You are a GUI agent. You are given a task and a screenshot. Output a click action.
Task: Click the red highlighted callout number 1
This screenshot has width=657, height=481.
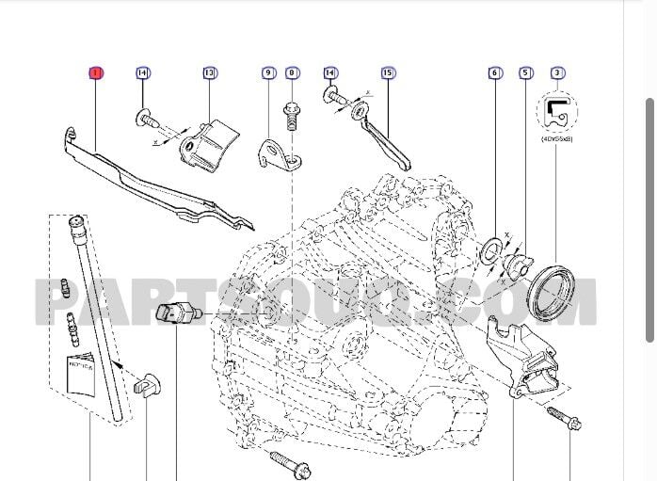96,72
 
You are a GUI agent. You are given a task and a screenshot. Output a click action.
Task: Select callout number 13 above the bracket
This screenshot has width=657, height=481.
209,72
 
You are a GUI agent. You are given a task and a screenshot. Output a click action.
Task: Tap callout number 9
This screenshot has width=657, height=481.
268,72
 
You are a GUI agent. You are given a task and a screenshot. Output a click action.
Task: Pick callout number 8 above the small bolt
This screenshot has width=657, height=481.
291,72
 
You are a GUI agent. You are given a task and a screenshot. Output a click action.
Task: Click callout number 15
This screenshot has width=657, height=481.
387,72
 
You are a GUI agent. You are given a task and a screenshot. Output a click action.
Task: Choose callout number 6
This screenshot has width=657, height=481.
494,72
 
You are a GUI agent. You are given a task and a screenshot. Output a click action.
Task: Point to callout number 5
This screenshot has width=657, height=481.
525,72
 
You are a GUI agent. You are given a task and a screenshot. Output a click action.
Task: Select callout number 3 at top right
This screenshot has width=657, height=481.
558,72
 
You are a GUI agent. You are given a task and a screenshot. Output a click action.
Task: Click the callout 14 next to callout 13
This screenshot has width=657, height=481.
142,72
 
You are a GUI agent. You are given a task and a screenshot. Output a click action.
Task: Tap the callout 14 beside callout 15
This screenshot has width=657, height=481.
330,72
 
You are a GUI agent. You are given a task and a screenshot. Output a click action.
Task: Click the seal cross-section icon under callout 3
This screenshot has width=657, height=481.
557,111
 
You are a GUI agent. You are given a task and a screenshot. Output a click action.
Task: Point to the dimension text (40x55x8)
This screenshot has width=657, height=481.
557,138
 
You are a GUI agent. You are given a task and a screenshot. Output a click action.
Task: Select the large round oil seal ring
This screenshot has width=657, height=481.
553,292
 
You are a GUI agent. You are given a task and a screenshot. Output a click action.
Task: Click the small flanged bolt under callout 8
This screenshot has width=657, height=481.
291,119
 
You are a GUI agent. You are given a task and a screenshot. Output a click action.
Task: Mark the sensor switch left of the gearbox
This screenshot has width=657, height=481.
176,313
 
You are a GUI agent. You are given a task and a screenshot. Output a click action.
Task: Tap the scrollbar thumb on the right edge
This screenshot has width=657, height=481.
649,221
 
